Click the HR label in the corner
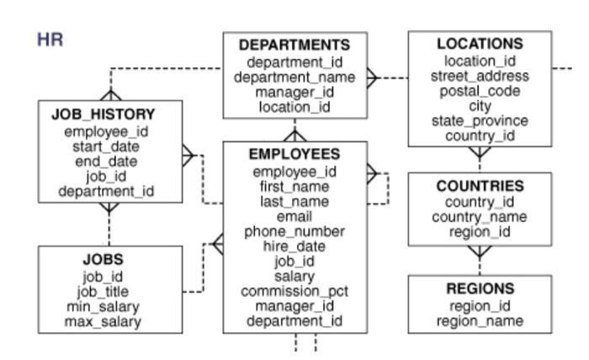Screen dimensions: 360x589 [50, 40]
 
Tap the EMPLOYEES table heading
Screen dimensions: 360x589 [294, 155]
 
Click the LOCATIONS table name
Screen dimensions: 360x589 [480, 44]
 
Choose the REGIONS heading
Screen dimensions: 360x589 [480, 289]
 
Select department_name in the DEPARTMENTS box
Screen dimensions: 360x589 [294, 77]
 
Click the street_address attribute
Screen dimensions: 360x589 [480, 76]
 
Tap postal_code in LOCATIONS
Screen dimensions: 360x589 [480, 91]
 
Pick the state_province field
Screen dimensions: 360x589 [480, 121]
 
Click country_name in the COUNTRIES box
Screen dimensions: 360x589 [480, 217]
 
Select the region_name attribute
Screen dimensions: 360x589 [480, 320]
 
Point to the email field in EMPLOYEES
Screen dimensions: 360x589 [294, 216]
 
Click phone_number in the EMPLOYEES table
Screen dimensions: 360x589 [294, 231]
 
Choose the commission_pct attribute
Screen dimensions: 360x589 [294, 291]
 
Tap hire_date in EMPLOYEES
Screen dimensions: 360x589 [294, 246]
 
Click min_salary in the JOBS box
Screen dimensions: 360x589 [103, 306]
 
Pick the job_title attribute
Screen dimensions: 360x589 [103, 291]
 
